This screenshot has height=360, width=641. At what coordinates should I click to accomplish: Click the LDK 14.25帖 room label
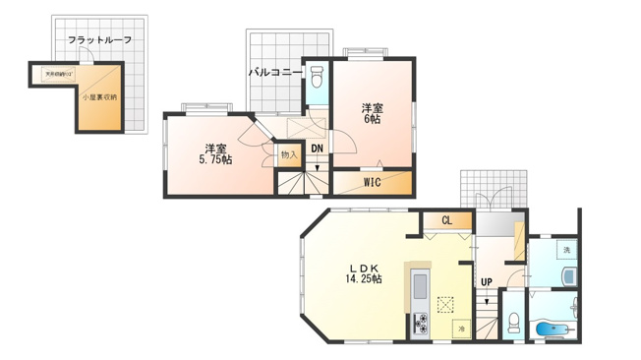tap(363, 273)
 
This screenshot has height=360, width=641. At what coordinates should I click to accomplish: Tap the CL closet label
tap(445, 221)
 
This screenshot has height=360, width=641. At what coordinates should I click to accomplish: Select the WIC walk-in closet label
tap(372, 182)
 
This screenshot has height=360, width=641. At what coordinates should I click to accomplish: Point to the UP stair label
tap(487, 283)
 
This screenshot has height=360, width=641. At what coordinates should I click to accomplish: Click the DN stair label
tap(317, 149)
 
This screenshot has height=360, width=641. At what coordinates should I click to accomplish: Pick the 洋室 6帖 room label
tap(372, 112)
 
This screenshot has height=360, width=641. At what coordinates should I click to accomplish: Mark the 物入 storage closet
tap(287, 154)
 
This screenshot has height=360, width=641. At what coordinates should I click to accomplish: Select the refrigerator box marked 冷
tap(460, 327)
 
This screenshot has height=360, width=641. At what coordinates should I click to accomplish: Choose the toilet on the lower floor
tap(514, 321)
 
